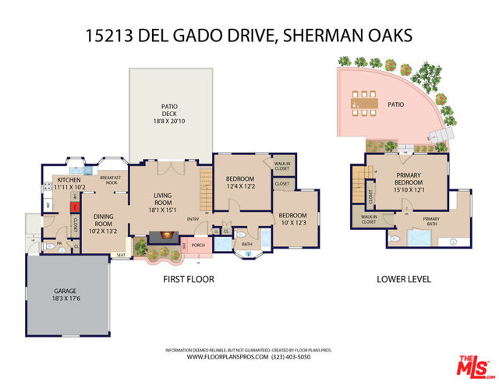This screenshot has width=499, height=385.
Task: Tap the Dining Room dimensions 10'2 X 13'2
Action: [104, 231]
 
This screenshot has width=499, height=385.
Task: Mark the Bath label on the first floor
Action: [246, 244]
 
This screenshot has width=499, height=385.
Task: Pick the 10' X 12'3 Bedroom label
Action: [292, 220]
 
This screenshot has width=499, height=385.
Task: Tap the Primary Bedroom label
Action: [409, 179]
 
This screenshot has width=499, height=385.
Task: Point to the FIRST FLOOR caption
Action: [188, 278]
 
